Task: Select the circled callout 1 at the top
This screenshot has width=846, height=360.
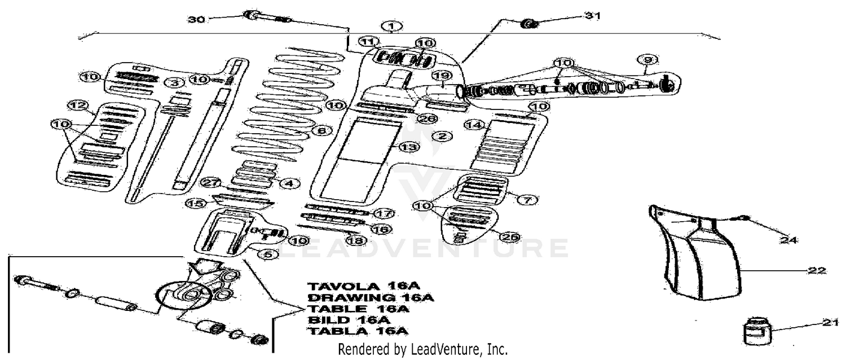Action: click(x=393, y=26)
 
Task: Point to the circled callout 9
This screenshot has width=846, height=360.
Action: click(x=645, y=59)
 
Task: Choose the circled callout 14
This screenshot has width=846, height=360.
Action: click(x=472, y=125)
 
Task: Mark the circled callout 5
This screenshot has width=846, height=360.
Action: click(x=268, y=254)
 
